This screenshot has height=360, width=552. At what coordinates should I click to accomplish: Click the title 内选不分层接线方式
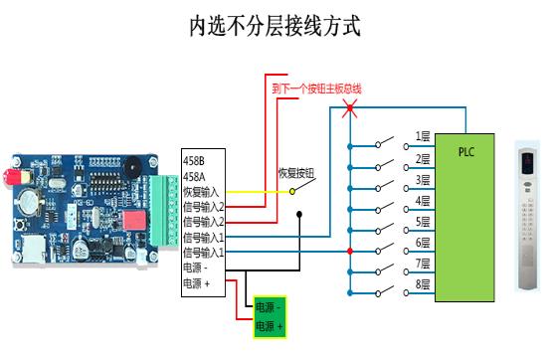(x=276, y=25)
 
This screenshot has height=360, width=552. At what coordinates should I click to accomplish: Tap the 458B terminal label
(x=194, y=160)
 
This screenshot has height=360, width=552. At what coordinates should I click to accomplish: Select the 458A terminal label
(x=194, y=176)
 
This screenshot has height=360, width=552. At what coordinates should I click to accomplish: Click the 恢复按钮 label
(x=295, y=173)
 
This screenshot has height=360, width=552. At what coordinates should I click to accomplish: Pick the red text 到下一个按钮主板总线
(x=315, y=89)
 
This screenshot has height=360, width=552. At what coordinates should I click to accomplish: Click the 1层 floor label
(x=423, y=136)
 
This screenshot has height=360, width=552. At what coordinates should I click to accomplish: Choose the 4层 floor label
(x=423, y=201)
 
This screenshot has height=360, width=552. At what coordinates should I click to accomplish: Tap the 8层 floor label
(x=423, y=285)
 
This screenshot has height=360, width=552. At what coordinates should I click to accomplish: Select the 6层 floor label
(x=423, y=244)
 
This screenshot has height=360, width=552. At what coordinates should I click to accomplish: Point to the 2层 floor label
(x=423, y=158)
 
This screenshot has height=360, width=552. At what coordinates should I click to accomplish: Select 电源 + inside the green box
(x=270, y=325)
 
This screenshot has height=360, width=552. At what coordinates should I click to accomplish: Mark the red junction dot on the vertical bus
(x=349, y=251)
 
